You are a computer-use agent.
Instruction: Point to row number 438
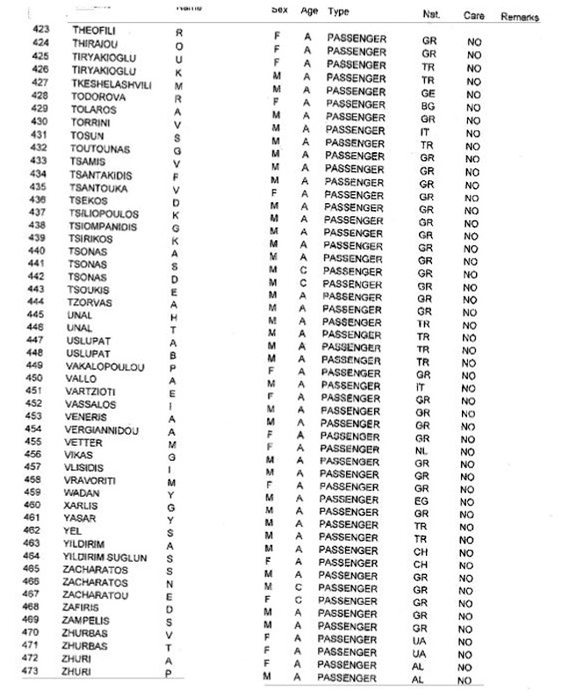point(38,226)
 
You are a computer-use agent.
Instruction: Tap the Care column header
point(474,16)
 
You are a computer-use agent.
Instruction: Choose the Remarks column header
point(520,17)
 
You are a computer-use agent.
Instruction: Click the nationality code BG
point(428,105)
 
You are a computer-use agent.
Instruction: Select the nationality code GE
point(429,92)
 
